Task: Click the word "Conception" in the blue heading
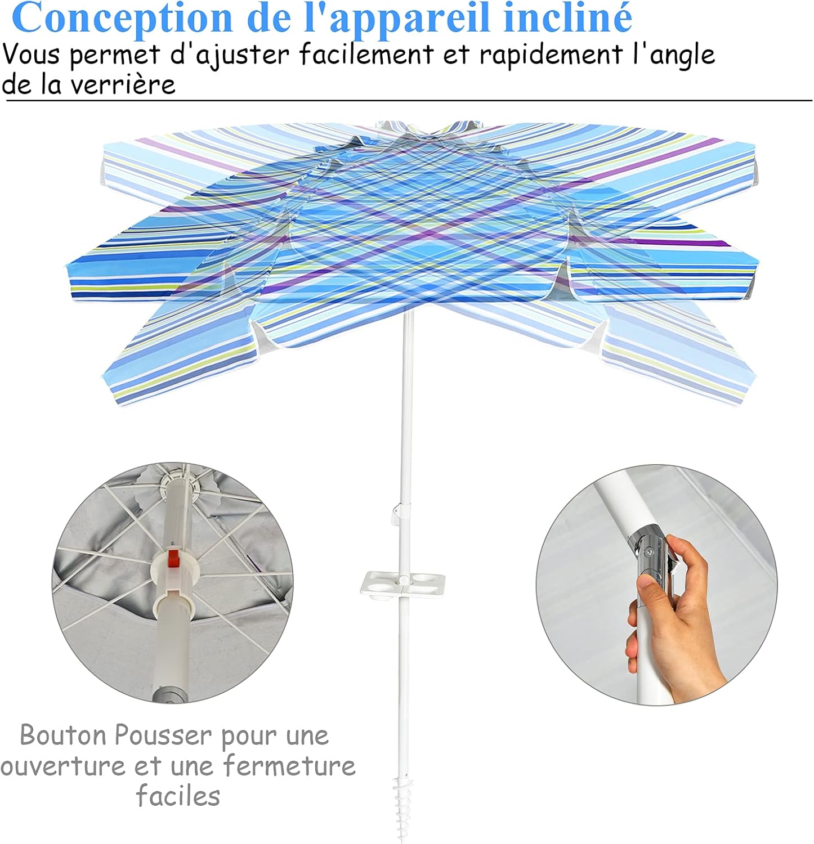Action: click(x=122, y=18)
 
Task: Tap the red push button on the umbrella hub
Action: click(x=173, y=559)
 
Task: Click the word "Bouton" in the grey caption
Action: click(x=64, y=735)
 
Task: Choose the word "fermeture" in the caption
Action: click(x=289, y=766)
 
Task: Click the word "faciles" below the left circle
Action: click(x=178, y=796)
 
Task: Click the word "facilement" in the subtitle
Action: click(x=366, y=55)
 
